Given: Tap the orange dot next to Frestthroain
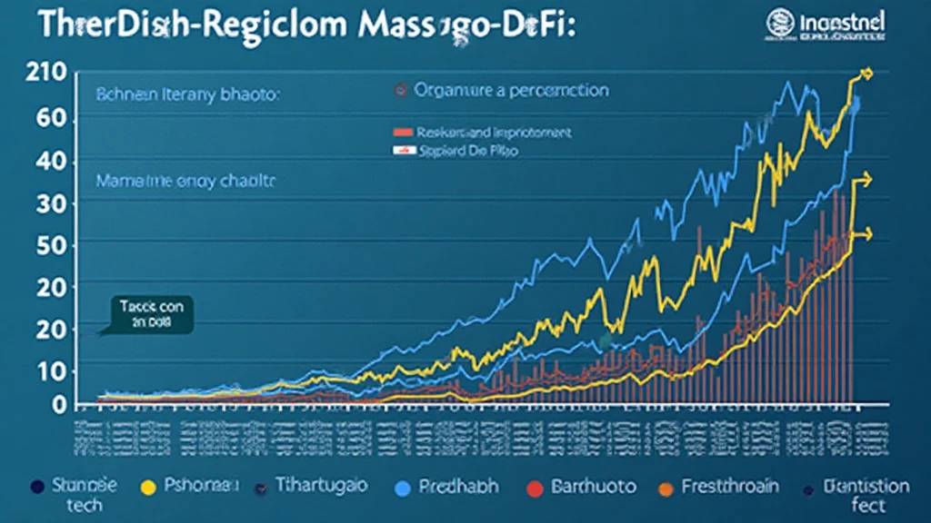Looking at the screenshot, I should (666, 488).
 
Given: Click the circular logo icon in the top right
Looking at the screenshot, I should (780, 23).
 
